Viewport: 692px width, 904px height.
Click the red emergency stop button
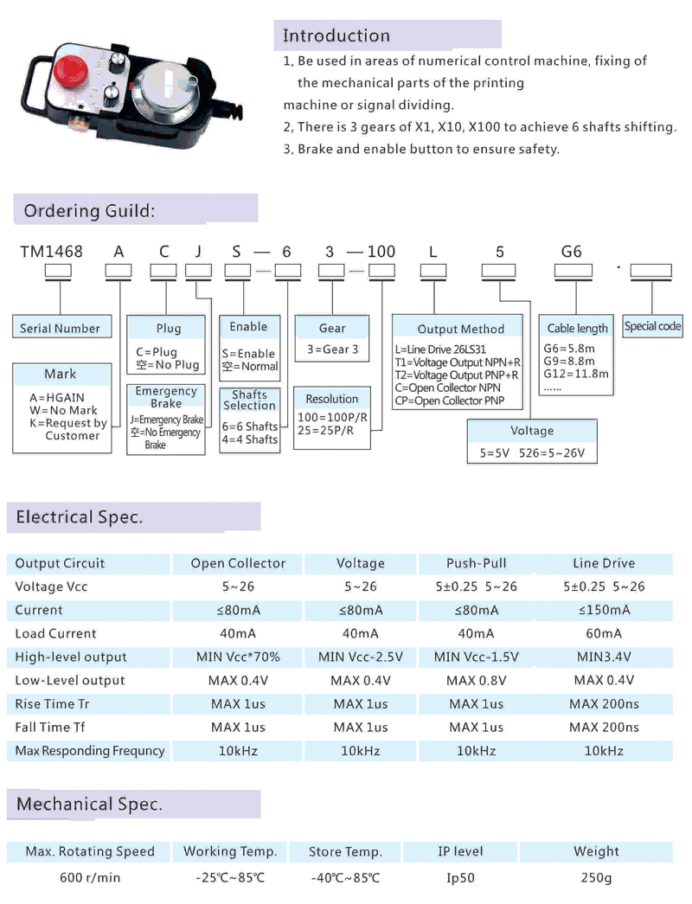tap(70, 70)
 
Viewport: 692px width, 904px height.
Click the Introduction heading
tap(336, 35)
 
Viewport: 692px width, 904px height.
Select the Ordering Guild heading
tap(89, 211)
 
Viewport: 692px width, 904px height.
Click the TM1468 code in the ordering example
tap(51, 252)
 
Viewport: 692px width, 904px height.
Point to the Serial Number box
tap(61, 327)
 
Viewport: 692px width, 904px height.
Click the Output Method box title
tap(461, 329)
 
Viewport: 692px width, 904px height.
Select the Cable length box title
tap(577, 328)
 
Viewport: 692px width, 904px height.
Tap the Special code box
tap(653, 326)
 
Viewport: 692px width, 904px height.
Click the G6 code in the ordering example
tap(572, 252)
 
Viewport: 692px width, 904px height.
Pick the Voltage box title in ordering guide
tap(532, 431)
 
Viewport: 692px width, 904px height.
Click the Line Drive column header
tap(604, 563)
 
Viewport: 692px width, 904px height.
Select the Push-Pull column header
tap(477, 563)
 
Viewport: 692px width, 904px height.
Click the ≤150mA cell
tap(604, 610)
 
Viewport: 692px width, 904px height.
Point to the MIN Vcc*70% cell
tap(238, 657)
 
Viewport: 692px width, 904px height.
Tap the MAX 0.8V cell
tap(477, 680)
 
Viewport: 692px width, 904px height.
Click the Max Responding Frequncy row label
tap(90, 751)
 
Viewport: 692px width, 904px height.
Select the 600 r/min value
tap(90, 877)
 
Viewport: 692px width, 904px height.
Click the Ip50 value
tap(460, 878)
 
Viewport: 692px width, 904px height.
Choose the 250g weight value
tap(596, 878)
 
